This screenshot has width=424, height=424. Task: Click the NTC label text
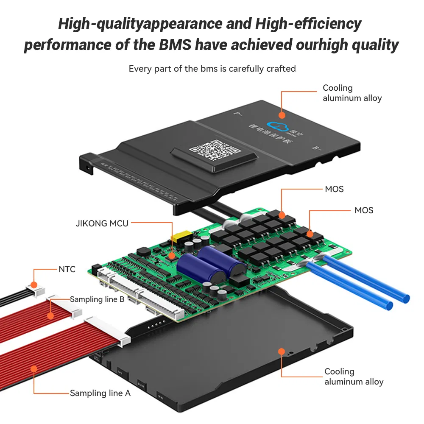click(67, 269)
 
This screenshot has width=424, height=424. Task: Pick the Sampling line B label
click(97, 299)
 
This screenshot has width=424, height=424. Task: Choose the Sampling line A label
click(100, 393)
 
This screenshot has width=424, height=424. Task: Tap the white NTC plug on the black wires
click(34, 291)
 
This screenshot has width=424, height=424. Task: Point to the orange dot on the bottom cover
click(281, 351)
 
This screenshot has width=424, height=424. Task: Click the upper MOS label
click(334, 189)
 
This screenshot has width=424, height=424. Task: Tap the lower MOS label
click(364, 210)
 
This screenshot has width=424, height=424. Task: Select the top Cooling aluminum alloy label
click(352, 93)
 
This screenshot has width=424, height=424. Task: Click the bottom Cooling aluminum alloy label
click(354, 377)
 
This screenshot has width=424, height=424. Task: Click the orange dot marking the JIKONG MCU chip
click(172, 255)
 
